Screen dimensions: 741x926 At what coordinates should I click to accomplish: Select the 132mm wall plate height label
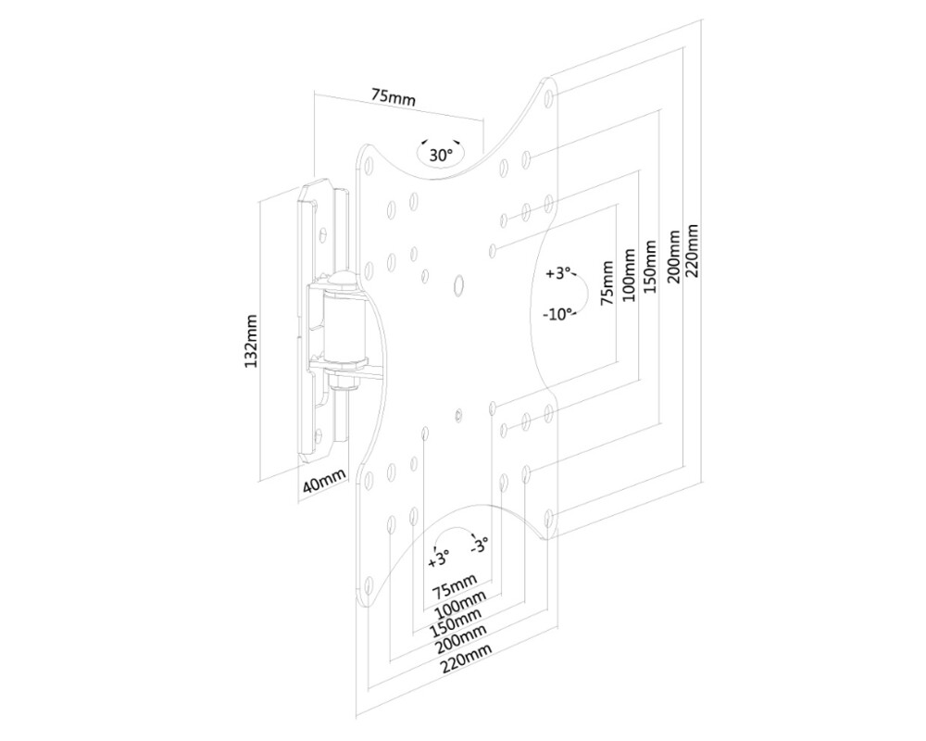tap(251, 340)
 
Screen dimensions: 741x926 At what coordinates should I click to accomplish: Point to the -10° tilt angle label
tap(557, 313)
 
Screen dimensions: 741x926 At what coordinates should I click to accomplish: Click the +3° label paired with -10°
tap(558, 274)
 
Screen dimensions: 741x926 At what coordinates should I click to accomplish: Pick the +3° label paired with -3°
tap(438, 557)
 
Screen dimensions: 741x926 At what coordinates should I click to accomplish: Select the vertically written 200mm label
tap(673, 259)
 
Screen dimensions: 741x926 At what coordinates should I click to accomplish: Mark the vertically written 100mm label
tap(630, 274)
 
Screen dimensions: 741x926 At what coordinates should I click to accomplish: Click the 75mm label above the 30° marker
tap(393, 96)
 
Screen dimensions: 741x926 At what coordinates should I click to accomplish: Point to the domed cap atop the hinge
tap(344, 279)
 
